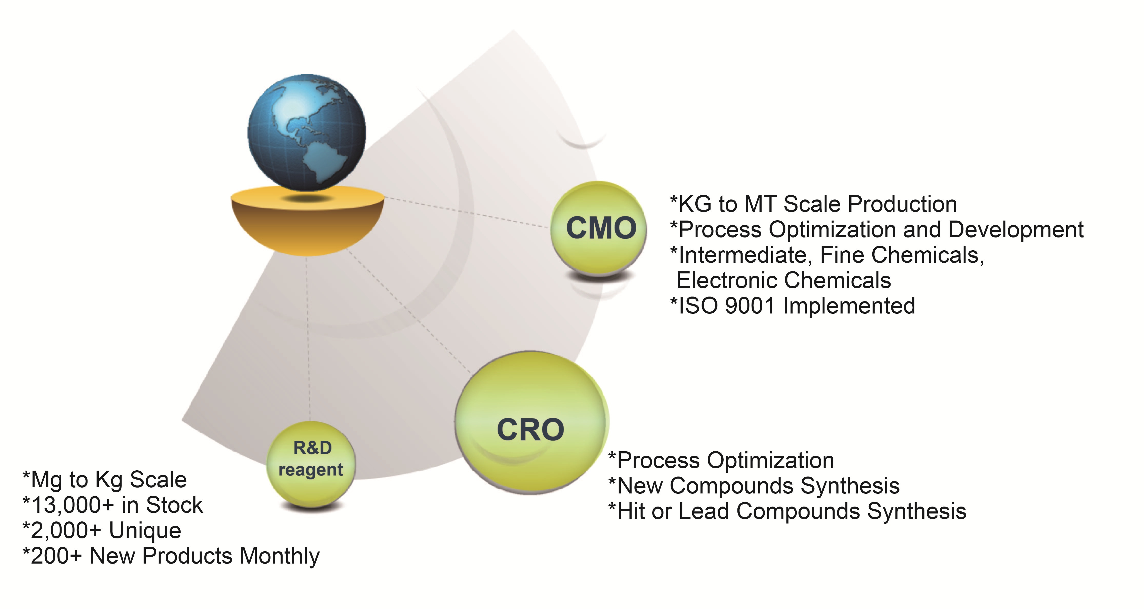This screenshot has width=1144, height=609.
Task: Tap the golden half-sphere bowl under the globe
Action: (x=307, y=224)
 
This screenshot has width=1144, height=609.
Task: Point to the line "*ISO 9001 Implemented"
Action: (x=793, y=306)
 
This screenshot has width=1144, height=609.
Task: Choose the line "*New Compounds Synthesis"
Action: (x=754, y=486)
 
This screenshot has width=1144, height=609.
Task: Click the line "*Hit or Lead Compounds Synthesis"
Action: (x=787, y=511)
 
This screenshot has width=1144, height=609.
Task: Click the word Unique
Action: (x=145, y=530)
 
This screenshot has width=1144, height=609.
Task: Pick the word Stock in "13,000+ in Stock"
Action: (x=174, y=505)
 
